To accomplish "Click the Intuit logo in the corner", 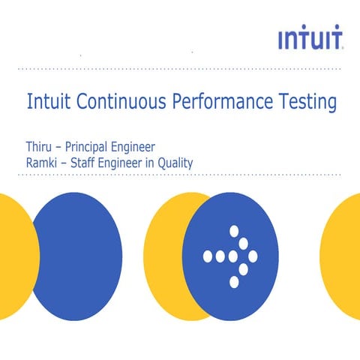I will pyautogui.click(x=310, y=39).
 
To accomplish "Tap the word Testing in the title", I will pyautogui.click(x=306, y=103).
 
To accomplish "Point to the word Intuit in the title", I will pyautogui.click(x=46, y=101).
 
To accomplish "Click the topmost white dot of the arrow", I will pyautogui.click(x=233, y=231).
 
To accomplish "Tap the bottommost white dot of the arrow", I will pyautogui.click(x=233, y=282).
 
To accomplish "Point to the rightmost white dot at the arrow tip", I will pyautogui.click(x=253, y=256).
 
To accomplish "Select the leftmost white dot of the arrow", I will pyautogui.click(x=208, y=256).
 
